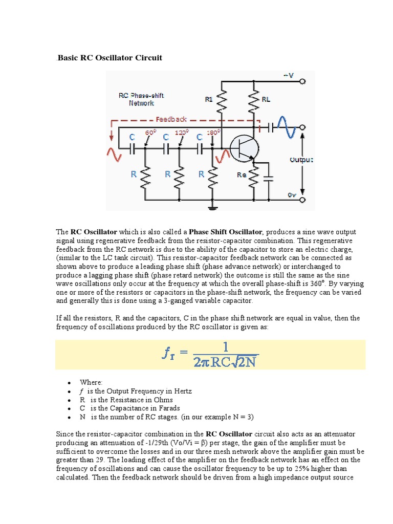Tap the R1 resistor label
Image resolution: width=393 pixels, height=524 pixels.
[209, 99]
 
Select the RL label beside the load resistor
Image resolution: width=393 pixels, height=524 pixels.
[266, 99]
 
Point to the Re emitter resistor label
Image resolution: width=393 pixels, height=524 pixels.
[242, 175]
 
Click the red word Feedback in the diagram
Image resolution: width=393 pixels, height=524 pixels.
[171, 119]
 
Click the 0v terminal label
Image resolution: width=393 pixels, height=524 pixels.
[291, 195]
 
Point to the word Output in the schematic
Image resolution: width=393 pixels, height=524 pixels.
[301, 160]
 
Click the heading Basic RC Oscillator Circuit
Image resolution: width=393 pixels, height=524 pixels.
[110, 58]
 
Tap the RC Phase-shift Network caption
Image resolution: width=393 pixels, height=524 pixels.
[141, 99]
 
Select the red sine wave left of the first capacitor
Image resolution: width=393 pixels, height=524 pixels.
[114, 151]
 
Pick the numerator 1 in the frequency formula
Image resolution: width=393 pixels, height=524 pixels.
[226, 346]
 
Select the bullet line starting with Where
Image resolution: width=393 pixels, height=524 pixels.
[91, 382]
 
